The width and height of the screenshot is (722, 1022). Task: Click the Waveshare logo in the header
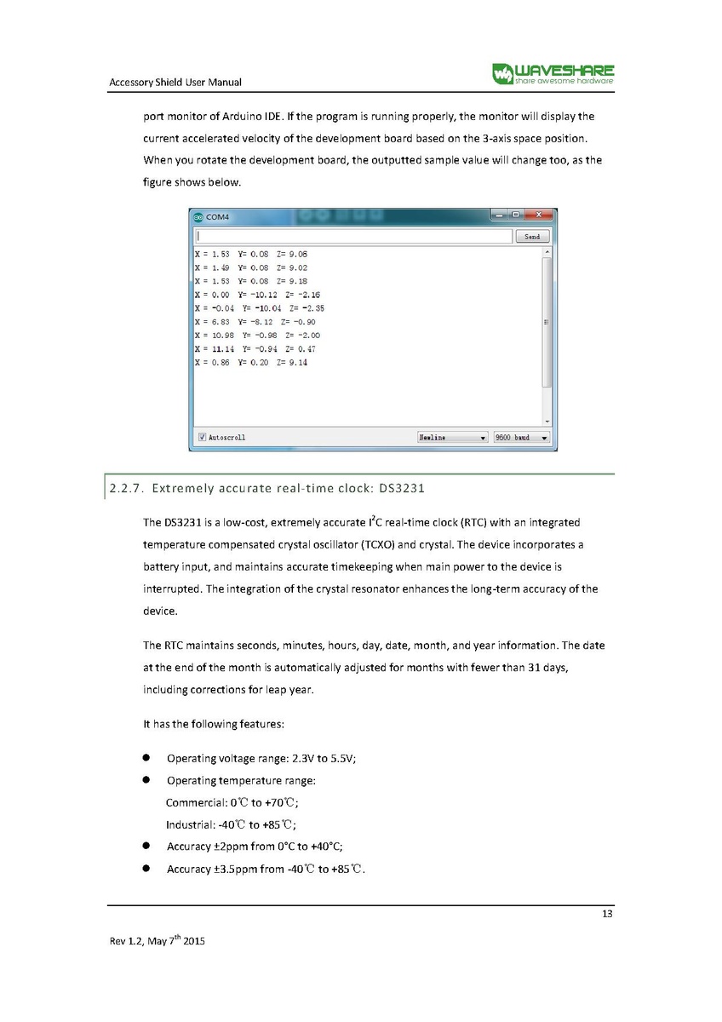(553, 73)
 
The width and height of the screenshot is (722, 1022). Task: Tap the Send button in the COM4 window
(532, 237)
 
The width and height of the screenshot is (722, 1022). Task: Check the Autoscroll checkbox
(202, 437)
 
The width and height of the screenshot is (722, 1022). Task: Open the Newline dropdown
(452, 437)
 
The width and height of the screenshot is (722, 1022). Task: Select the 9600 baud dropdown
(521, 437)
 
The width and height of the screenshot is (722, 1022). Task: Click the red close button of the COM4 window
(538, 216)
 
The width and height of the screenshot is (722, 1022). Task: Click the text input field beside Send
(353, 237)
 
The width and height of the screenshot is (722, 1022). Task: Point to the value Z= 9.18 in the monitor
(292, 281)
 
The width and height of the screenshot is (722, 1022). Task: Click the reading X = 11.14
(213, 349)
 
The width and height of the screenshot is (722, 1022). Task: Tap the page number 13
(607, 915)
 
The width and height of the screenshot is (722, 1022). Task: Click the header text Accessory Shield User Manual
(175, 82)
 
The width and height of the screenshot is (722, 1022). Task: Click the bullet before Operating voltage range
(146, 758)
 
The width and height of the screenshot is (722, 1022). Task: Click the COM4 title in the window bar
(218, 217)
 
